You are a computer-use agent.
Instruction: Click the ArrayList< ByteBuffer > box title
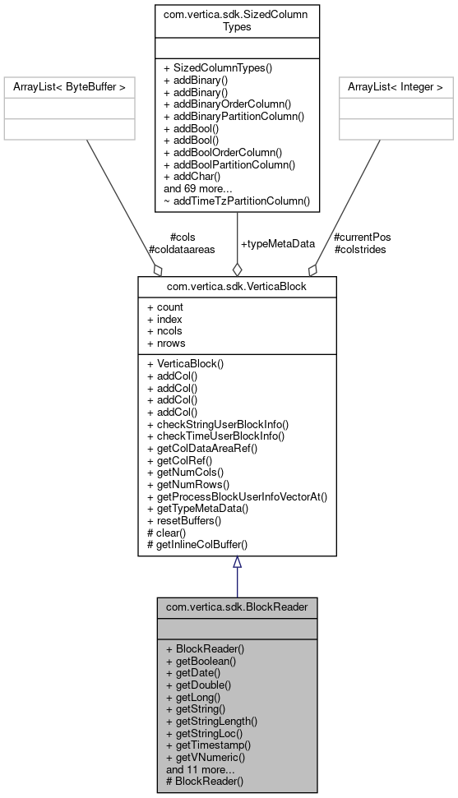(69, 86)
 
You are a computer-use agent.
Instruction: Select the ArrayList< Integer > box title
(396, 86)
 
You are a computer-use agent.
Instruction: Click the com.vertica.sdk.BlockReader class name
(237, 607)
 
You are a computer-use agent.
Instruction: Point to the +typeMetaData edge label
(278, 244)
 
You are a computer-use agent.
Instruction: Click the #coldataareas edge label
(181, 249)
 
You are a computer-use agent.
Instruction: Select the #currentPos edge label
(363, 238)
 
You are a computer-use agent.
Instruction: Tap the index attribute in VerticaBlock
(165, 319)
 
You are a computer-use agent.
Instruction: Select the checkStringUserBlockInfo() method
(218, 424)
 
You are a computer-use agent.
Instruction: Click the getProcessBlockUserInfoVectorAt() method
(237, 496)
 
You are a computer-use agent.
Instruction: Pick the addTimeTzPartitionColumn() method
(237, 200)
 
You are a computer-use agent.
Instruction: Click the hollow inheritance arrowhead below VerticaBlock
(237, 563)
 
